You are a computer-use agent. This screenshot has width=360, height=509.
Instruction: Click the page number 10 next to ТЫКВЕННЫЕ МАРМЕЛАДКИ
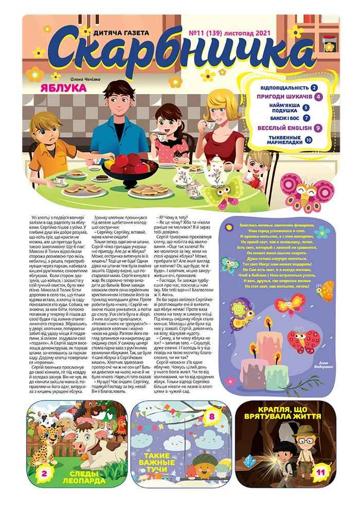click(309, 139)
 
